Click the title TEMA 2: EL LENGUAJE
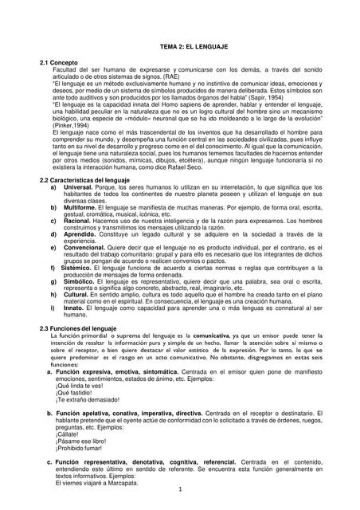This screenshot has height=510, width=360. pyautogui.click(x=180, y=48)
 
